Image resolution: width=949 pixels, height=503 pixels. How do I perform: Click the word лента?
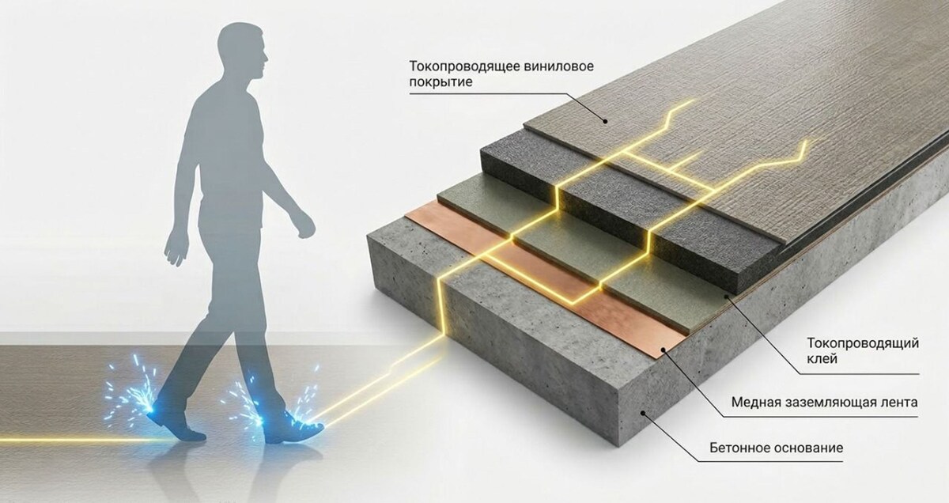click(900, 403)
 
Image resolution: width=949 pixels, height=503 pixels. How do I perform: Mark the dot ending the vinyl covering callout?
click(604, 121)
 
